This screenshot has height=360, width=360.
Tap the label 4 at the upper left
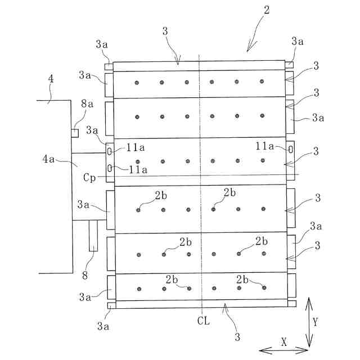pyautogui.click(x=51, y=79)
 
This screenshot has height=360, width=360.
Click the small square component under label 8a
pyautogui.click(x=75, y=133)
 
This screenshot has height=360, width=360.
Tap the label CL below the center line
pyautogui.click(x=204, y=321)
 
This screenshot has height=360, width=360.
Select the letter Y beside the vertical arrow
pyautogui.click(x=315, y=322)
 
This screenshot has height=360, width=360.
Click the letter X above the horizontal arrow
pyautogui.click(x=283, y=341)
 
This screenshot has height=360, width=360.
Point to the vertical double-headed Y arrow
pyautogui.click(x=308, y=323)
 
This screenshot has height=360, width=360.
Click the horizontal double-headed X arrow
pyautogui.click(x=283, y=350)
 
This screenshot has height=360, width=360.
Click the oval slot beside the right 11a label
pyautogui.click(x=290, y=150)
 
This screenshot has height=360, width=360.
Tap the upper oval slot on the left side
pyautogui.click(x=109, y=151)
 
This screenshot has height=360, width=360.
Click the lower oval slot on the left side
pyautogui.click(x=109, y=167)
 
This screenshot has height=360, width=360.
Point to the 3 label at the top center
pyautogui.click(x=165, y=33)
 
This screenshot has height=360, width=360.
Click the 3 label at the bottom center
pyautogui.click(x=237, y=337)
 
